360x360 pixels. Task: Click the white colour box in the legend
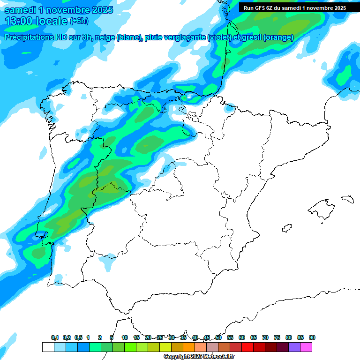click(48, 347)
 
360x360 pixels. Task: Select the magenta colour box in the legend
click(306, 347)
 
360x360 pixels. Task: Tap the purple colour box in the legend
click(294, 347)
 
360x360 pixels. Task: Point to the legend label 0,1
click(55, 338)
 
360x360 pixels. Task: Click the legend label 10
click(125, 338)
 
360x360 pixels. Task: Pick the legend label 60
click(242, 338)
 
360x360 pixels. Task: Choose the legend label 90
click(312, 338)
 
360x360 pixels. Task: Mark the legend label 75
click(277, 338)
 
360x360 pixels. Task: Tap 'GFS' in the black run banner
click(261, 8)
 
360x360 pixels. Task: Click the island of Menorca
click(347, 199)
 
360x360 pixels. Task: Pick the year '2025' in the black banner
click(337, 8)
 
